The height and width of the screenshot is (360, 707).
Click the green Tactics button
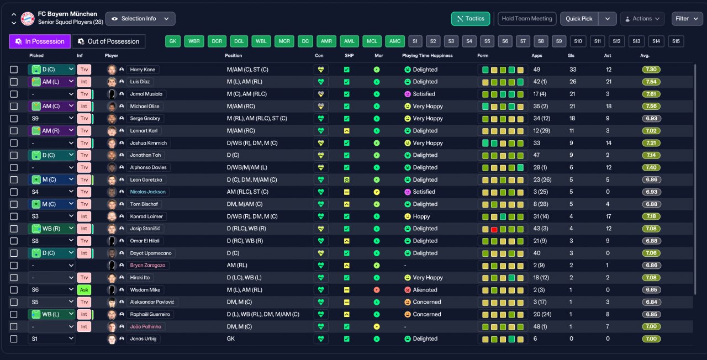[470, 19]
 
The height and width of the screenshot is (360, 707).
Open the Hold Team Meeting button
[527, 19]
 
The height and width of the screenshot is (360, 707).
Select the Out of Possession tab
[109, 41]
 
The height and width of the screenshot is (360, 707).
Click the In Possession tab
[40, 41]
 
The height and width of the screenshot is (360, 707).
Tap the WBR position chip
[194, 41]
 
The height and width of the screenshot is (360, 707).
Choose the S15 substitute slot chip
[676, 41]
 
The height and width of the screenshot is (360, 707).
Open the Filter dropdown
[687, 19]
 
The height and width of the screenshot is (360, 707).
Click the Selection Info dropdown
[140, 19]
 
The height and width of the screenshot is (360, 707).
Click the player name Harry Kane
[143, 70]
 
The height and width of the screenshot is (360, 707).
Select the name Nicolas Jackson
[147, 192]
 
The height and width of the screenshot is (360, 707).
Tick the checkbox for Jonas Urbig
[14, 339]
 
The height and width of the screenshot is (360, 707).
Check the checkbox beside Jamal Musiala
[14, 94]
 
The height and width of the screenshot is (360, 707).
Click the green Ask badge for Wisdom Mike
[84, 290]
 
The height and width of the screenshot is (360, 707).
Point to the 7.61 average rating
[651, 94]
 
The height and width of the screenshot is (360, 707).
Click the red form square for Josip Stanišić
[494, 229]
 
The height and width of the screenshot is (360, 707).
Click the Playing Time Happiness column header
[428, 56]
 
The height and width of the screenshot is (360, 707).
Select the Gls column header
[571, 56]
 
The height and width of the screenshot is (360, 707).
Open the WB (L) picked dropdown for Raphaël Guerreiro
[51, 314]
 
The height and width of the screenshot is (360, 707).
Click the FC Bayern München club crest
[28, 19]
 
